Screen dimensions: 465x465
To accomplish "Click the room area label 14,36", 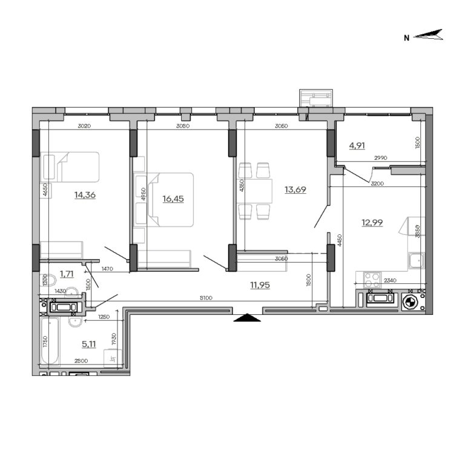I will (x=85, y=195).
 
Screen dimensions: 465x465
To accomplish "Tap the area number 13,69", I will (x=295, y=190).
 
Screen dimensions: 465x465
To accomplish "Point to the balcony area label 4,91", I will (x=357, y=145).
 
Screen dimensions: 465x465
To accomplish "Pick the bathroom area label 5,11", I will (x=89, y=344).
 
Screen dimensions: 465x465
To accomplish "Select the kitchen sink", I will (x=416, y=261).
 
